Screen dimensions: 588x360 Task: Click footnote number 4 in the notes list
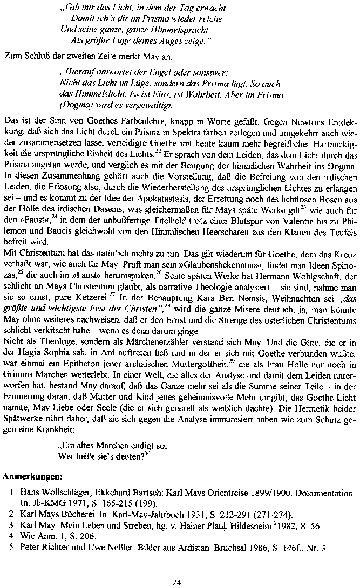(x=11, y=536)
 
